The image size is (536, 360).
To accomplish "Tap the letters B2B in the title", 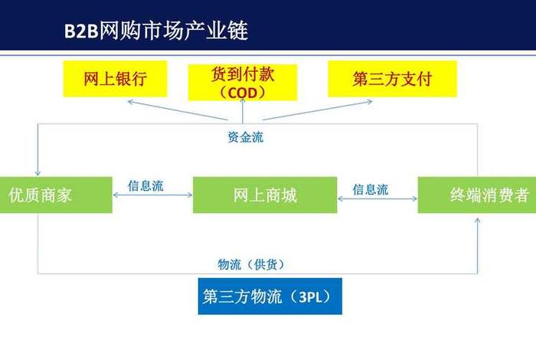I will click(80, 31).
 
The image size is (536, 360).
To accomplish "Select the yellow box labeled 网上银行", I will click(115, 80).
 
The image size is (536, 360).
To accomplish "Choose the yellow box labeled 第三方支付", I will click(392, 80).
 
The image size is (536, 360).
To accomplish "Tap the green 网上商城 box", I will click(264, 195).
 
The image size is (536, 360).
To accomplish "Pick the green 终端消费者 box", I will click(477, 195).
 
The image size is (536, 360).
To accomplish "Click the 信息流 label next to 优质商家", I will click(145, 185).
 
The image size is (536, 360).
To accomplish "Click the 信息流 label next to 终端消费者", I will click(370, 188).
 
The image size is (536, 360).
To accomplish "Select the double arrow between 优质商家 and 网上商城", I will click(152, 196).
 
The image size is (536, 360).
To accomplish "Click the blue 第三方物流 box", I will click(270, 296).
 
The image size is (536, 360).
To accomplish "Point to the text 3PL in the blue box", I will click(312, 297).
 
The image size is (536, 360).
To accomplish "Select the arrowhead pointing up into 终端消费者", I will click(479, 220).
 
